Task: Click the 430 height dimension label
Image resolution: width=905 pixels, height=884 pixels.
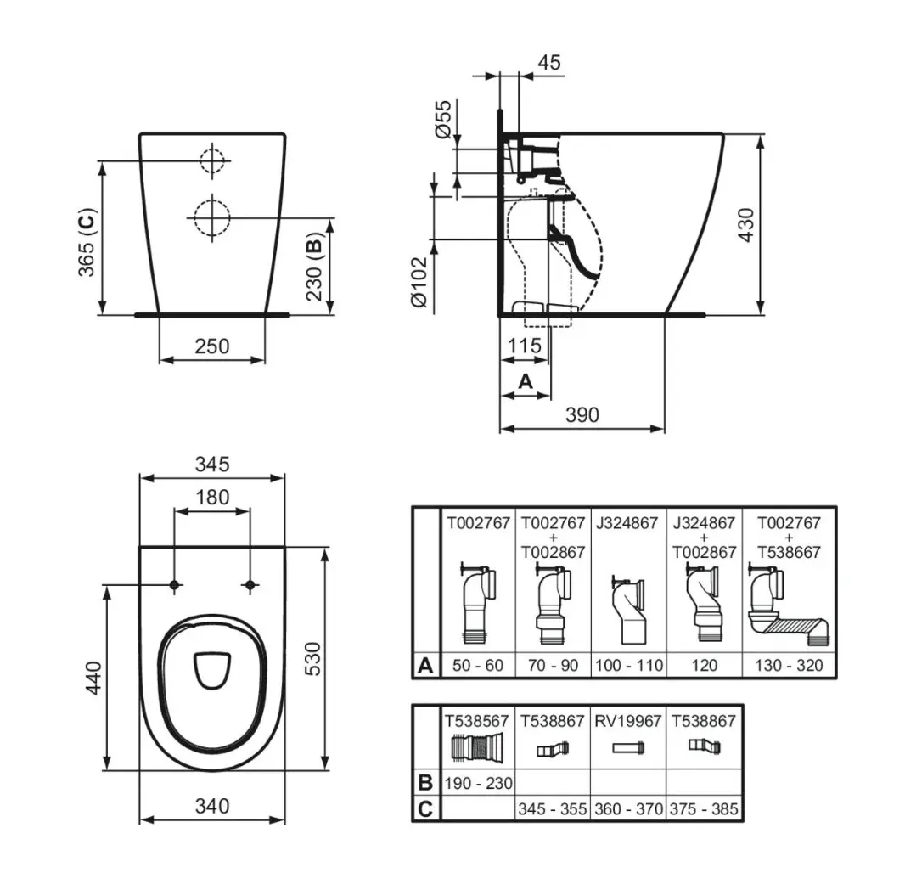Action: click(x=746, y=223)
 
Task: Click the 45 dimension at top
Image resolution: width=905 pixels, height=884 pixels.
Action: click(x=549, y=63)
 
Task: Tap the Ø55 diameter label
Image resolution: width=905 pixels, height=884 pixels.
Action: click(x=442, y=119)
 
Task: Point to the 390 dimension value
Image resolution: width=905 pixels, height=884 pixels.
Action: click(x=582, y=414)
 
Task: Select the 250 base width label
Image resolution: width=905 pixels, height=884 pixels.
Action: click(x=212, y=346)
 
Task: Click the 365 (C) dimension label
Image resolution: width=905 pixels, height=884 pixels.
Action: click(x=86, y=241)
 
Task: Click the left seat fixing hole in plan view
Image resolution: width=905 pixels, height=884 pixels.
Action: click(x=175, y=585)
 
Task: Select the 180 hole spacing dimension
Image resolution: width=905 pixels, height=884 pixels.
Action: click(x=212, y=497)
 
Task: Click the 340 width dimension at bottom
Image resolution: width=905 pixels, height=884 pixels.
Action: click(x=211, y=805)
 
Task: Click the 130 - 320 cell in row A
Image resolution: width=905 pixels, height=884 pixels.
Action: click(x=789, y=665)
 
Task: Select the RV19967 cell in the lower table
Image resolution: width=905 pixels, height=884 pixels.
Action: click(x=628, y=721)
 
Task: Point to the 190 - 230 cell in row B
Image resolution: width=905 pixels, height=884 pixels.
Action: click(x=478, y=782)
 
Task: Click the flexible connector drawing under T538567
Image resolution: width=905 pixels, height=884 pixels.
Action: click(x=478, y=748)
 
